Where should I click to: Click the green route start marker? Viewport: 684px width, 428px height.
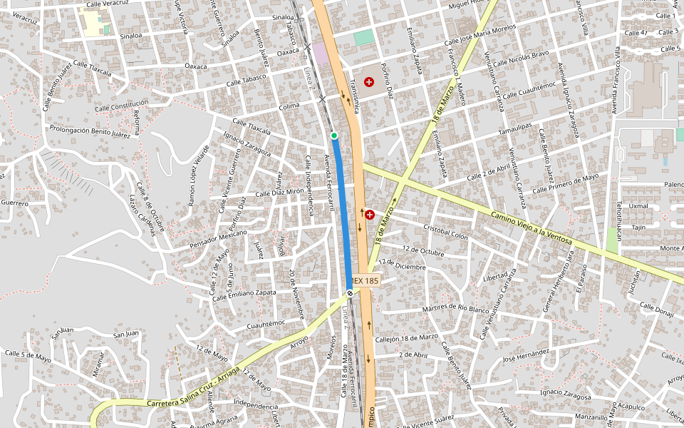click(x=333, y=135)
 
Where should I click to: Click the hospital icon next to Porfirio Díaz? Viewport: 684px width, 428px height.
click(x=369, y=83)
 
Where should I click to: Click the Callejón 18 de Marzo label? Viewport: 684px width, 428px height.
click(x=407, y=337)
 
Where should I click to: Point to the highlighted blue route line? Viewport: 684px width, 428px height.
click(x=343, y=214)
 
